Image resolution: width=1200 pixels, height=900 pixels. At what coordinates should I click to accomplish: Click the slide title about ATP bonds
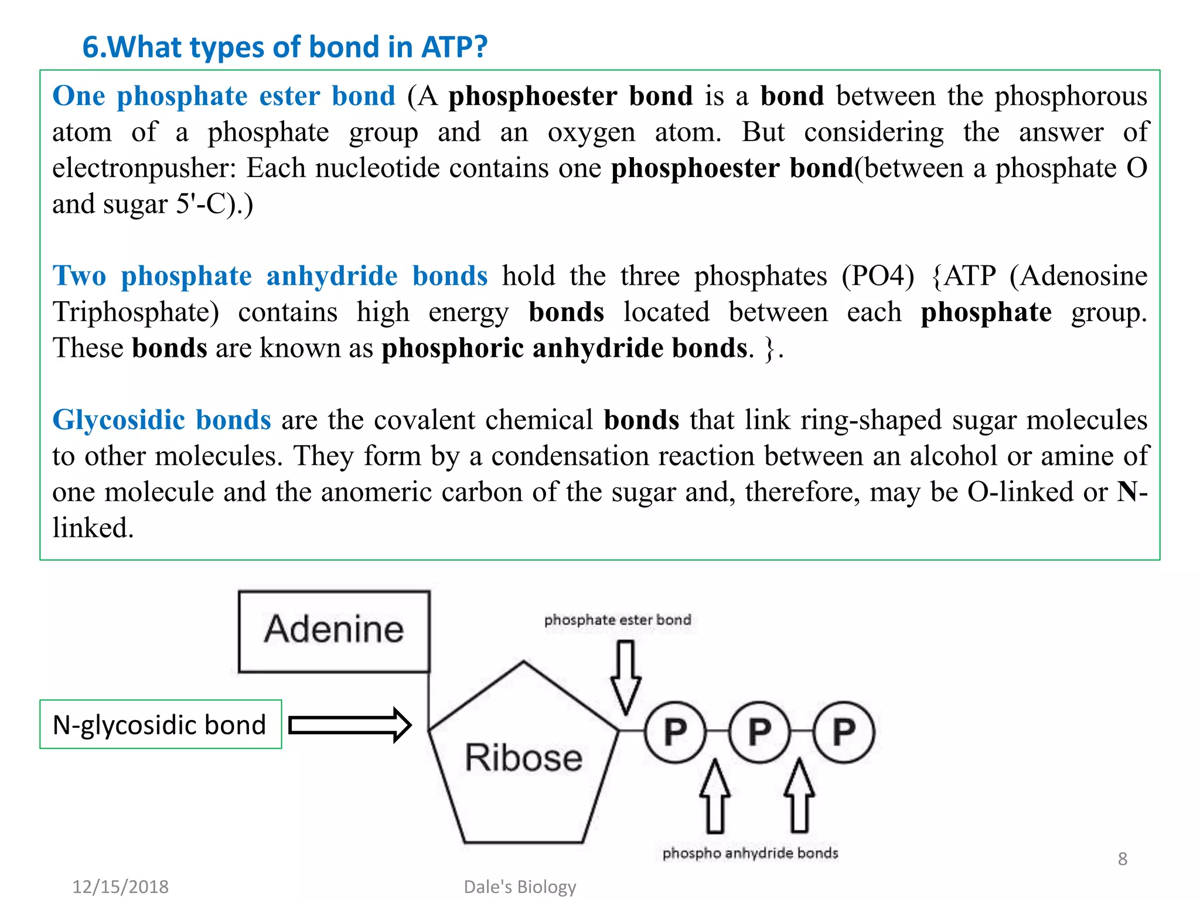pos(285,47)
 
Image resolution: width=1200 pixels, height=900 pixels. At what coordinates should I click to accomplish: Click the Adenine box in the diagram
pos(334,630)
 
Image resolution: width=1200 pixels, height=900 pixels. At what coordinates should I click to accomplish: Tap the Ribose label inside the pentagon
pos(523,757)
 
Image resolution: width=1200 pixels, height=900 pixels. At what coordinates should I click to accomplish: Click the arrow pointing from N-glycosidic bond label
pos(350,725)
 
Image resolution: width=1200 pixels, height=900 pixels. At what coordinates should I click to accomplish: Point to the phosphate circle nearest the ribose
pos(675,732)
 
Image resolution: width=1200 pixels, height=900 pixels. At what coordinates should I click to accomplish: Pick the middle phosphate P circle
pos(759,732)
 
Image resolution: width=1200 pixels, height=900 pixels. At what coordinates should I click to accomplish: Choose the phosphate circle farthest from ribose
pos(844,732)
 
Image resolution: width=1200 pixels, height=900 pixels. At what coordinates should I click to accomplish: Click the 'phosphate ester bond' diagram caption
pos(618,620)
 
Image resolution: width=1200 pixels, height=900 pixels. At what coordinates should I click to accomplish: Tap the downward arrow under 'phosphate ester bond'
pos(626,677)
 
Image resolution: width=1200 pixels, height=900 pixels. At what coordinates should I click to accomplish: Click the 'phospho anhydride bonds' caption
pos(750,853)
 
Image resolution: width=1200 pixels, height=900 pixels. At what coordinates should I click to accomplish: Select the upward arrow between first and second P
pos(715,796)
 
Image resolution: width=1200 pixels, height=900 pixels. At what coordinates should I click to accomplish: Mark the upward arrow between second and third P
pos(799,796)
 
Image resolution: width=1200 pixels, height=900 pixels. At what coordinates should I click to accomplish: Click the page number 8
pos(1122,859)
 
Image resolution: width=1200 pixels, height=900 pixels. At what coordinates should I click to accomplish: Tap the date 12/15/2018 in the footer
pos(120,887)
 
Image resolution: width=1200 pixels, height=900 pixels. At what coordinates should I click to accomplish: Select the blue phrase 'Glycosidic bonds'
pos(162,420)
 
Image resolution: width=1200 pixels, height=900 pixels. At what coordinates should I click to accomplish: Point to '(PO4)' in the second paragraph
pos(878,276)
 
